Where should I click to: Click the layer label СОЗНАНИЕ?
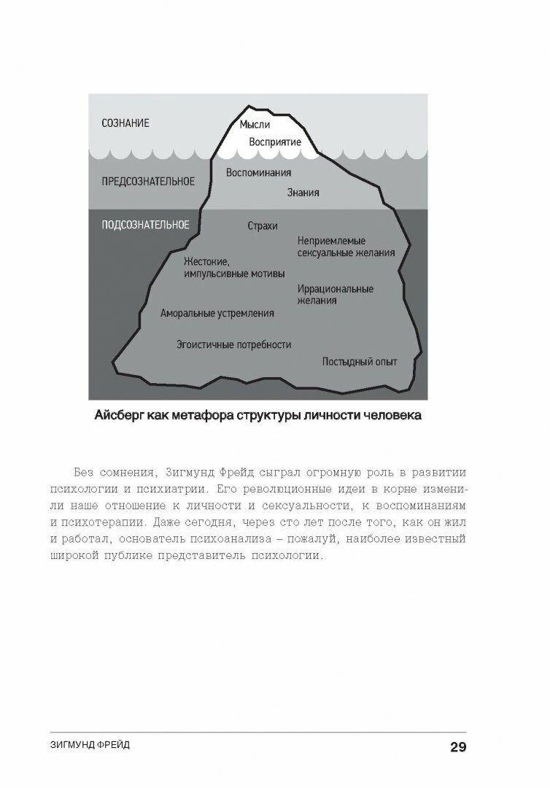coord(125,123)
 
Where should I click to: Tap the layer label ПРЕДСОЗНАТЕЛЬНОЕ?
coord(147,181)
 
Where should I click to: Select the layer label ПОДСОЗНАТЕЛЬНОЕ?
coord(145,225)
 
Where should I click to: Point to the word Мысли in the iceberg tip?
coord(255,125)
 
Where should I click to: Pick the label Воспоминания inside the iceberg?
coord(258,173)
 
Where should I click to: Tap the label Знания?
coord(303,193)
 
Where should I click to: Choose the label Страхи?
coord(263,225)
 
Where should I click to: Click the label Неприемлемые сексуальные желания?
coord(346,247)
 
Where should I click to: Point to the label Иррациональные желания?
coord(335,295)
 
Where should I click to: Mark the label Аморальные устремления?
coord(217,314)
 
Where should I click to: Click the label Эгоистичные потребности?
coord(233,344)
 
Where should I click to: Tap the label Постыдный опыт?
coord(360,361)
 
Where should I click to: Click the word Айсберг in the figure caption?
coord(123,417)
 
